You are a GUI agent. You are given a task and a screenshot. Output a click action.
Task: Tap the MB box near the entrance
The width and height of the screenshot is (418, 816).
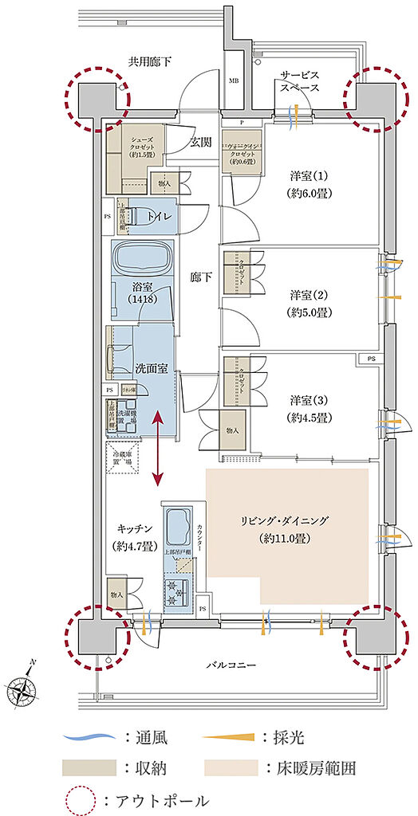point(234,80)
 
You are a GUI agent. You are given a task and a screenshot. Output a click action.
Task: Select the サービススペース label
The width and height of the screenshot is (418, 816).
point(300,80)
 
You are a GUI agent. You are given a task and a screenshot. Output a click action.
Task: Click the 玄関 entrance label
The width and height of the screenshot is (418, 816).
point(201,143)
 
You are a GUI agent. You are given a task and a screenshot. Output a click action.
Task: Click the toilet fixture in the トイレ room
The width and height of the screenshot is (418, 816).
point(144,215)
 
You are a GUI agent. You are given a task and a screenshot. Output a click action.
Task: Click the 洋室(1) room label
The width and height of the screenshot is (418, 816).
point(309,183)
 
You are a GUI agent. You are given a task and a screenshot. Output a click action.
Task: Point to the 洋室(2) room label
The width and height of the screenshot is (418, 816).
point(309,304)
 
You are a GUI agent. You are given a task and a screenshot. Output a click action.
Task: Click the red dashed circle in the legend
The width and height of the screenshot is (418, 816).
point(78,799)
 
